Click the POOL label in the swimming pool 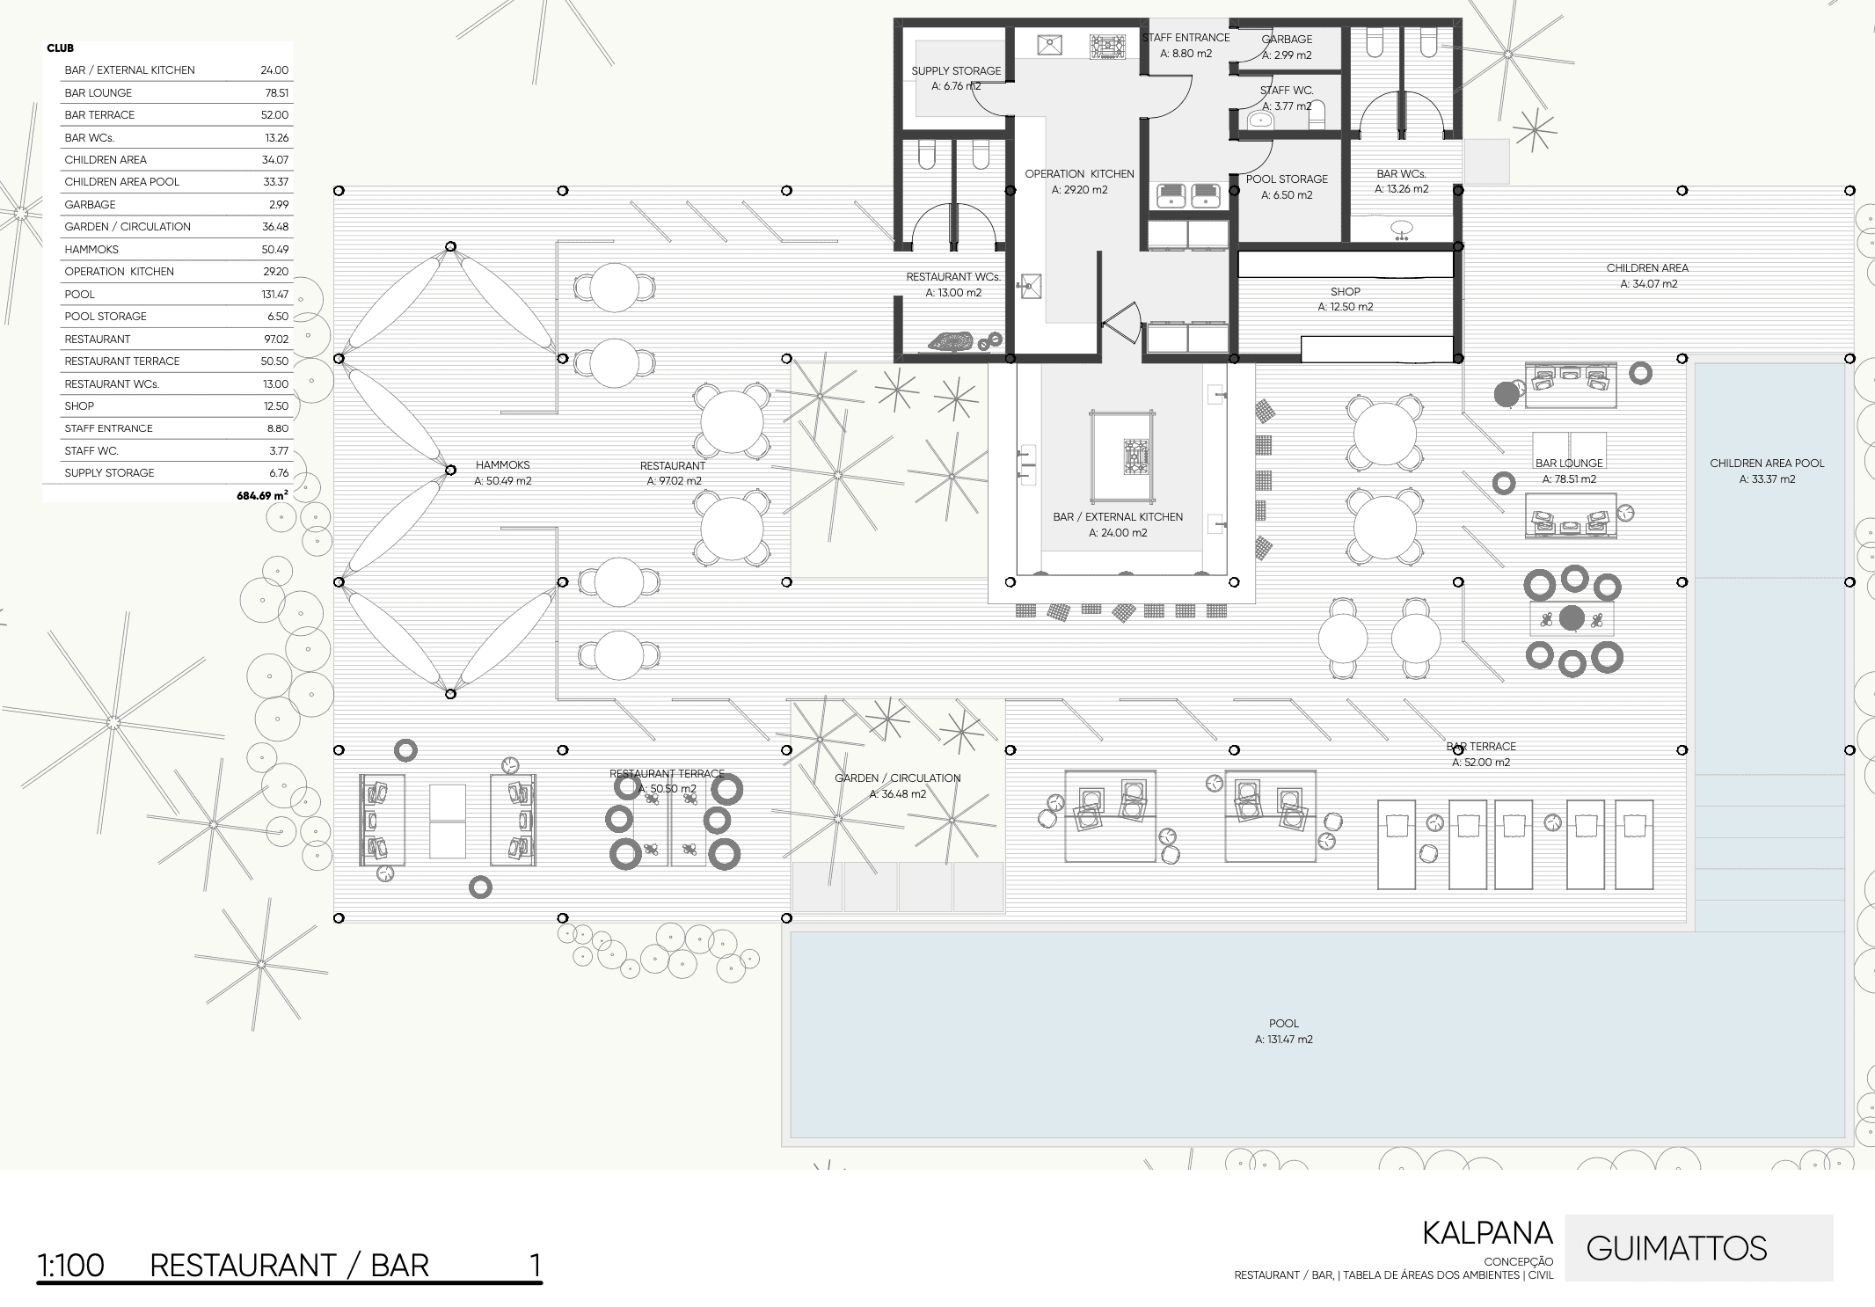1283,1023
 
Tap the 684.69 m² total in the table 261,496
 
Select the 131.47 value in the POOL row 274,295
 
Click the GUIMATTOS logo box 1698,1248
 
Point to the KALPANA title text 1487,1233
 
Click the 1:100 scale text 70,1266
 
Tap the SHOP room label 1345,291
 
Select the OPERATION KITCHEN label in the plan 1079,174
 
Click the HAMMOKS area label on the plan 502,465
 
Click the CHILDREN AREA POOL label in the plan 1767,464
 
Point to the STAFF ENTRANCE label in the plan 1186,38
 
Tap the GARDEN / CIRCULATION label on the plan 897,778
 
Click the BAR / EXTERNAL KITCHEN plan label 1117,517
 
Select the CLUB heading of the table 61,48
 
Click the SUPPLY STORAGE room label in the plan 956,71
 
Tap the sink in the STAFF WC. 1260,119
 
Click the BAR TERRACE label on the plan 1481,747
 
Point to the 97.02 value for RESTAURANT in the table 275,340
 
